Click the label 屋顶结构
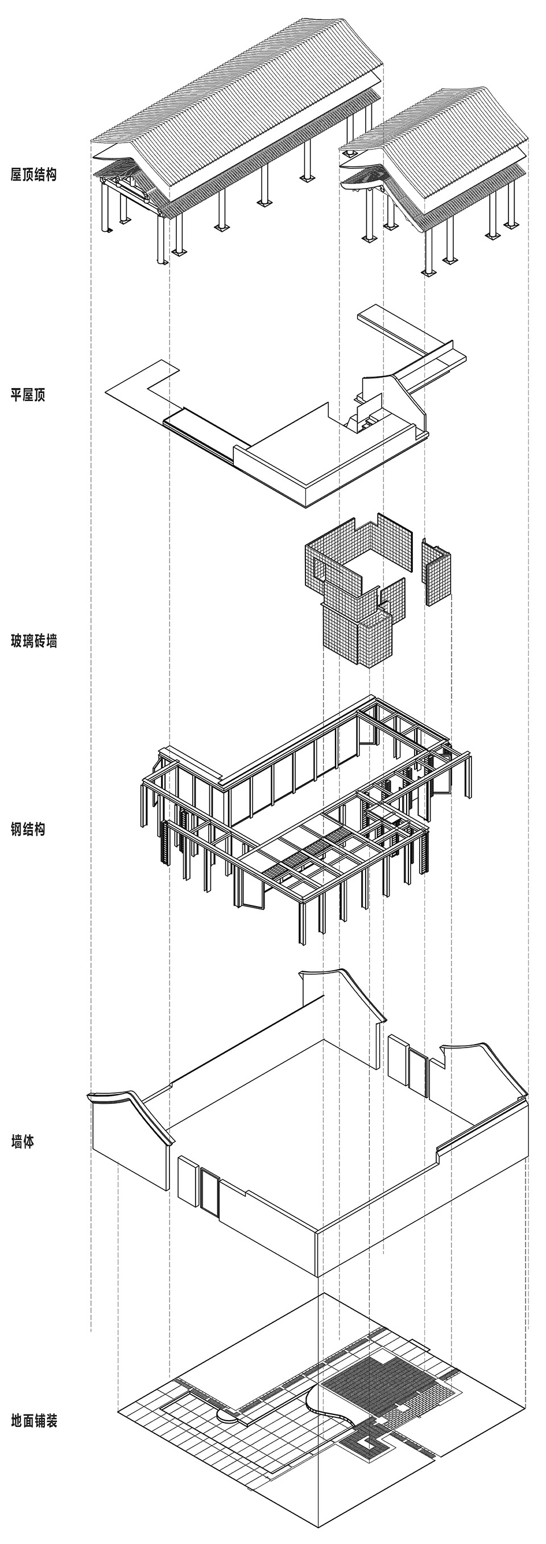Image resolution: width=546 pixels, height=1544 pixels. click(34, 175)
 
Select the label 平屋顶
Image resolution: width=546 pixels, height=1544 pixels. click(28, 395)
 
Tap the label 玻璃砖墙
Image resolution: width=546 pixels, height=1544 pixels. click(34, 641)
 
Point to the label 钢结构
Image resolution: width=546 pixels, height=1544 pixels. click(28, 829)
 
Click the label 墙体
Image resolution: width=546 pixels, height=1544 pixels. click(22, 1142)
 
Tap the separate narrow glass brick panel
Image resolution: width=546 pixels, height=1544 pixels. click(436, 573)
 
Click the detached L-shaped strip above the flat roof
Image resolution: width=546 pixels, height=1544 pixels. click(414, 339)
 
